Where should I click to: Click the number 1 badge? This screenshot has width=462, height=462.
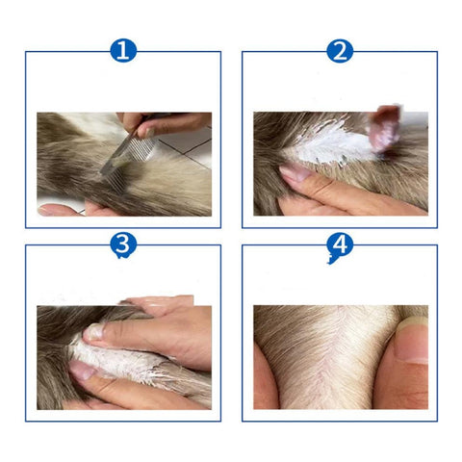click(x=123, y=51)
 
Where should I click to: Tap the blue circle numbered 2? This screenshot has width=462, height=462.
click(x=340, y=51)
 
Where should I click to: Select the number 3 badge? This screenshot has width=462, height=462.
click(x=123, y=244)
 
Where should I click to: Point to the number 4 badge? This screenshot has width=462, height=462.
click(x=340, y=244)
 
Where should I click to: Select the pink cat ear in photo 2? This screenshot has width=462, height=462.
click(x=384, y=128)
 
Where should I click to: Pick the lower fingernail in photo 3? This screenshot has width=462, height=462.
click(x=82, y=370)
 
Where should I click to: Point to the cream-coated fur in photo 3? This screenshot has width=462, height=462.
click(x=128, y=364)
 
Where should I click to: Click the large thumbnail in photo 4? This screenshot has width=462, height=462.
click(x=412, y=341)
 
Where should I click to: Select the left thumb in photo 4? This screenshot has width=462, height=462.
click(x=265, y=378)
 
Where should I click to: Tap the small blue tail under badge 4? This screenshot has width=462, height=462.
click(x=331, y=260)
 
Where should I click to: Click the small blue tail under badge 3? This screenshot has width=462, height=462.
click(x=121, y=256)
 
